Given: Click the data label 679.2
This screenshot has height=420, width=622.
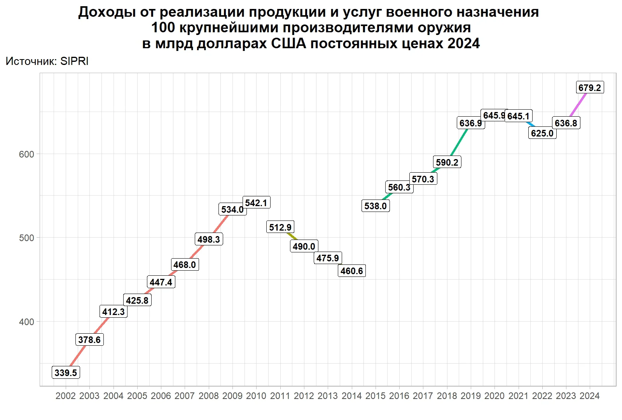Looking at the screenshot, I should click(x=589, y=87).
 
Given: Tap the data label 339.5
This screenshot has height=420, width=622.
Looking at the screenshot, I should click(x=66, y=373).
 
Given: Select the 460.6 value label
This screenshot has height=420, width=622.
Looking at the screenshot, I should click(x=352, y=271).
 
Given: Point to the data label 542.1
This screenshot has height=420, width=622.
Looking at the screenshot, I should click(x=256, y=203).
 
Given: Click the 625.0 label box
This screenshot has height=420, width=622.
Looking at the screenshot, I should click(x=542, y=133).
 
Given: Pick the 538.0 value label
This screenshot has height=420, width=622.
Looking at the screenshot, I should click(x=376, y=206).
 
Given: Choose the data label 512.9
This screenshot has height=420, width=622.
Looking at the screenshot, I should click(x=280, y=227).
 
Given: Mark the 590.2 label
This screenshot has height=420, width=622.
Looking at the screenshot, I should click(x=447, y=162).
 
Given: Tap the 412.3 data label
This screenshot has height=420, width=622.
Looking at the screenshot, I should click(x=114, y=311).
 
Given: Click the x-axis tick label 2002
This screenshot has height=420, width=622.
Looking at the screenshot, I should click(x=66, y=396).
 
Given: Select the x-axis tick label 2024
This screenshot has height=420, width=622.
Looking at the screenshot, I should click(x=589, y=396).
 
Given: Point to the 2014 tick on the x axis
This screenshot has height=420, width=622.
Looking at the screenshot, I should click(x=352, y=396).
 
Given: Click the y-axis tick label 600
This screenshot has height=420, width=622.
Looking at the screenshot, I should click(x=26, y=154).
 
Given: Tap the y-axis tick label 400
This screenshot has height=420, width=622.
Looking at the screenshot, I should click(x=26, y=322).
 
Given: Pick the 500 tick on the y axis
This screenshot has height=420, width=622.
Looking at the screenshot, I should click(x=26, y=238).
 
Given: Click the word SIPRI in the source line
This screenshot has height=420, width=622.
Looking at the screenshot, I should click(x=74, y=61).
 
